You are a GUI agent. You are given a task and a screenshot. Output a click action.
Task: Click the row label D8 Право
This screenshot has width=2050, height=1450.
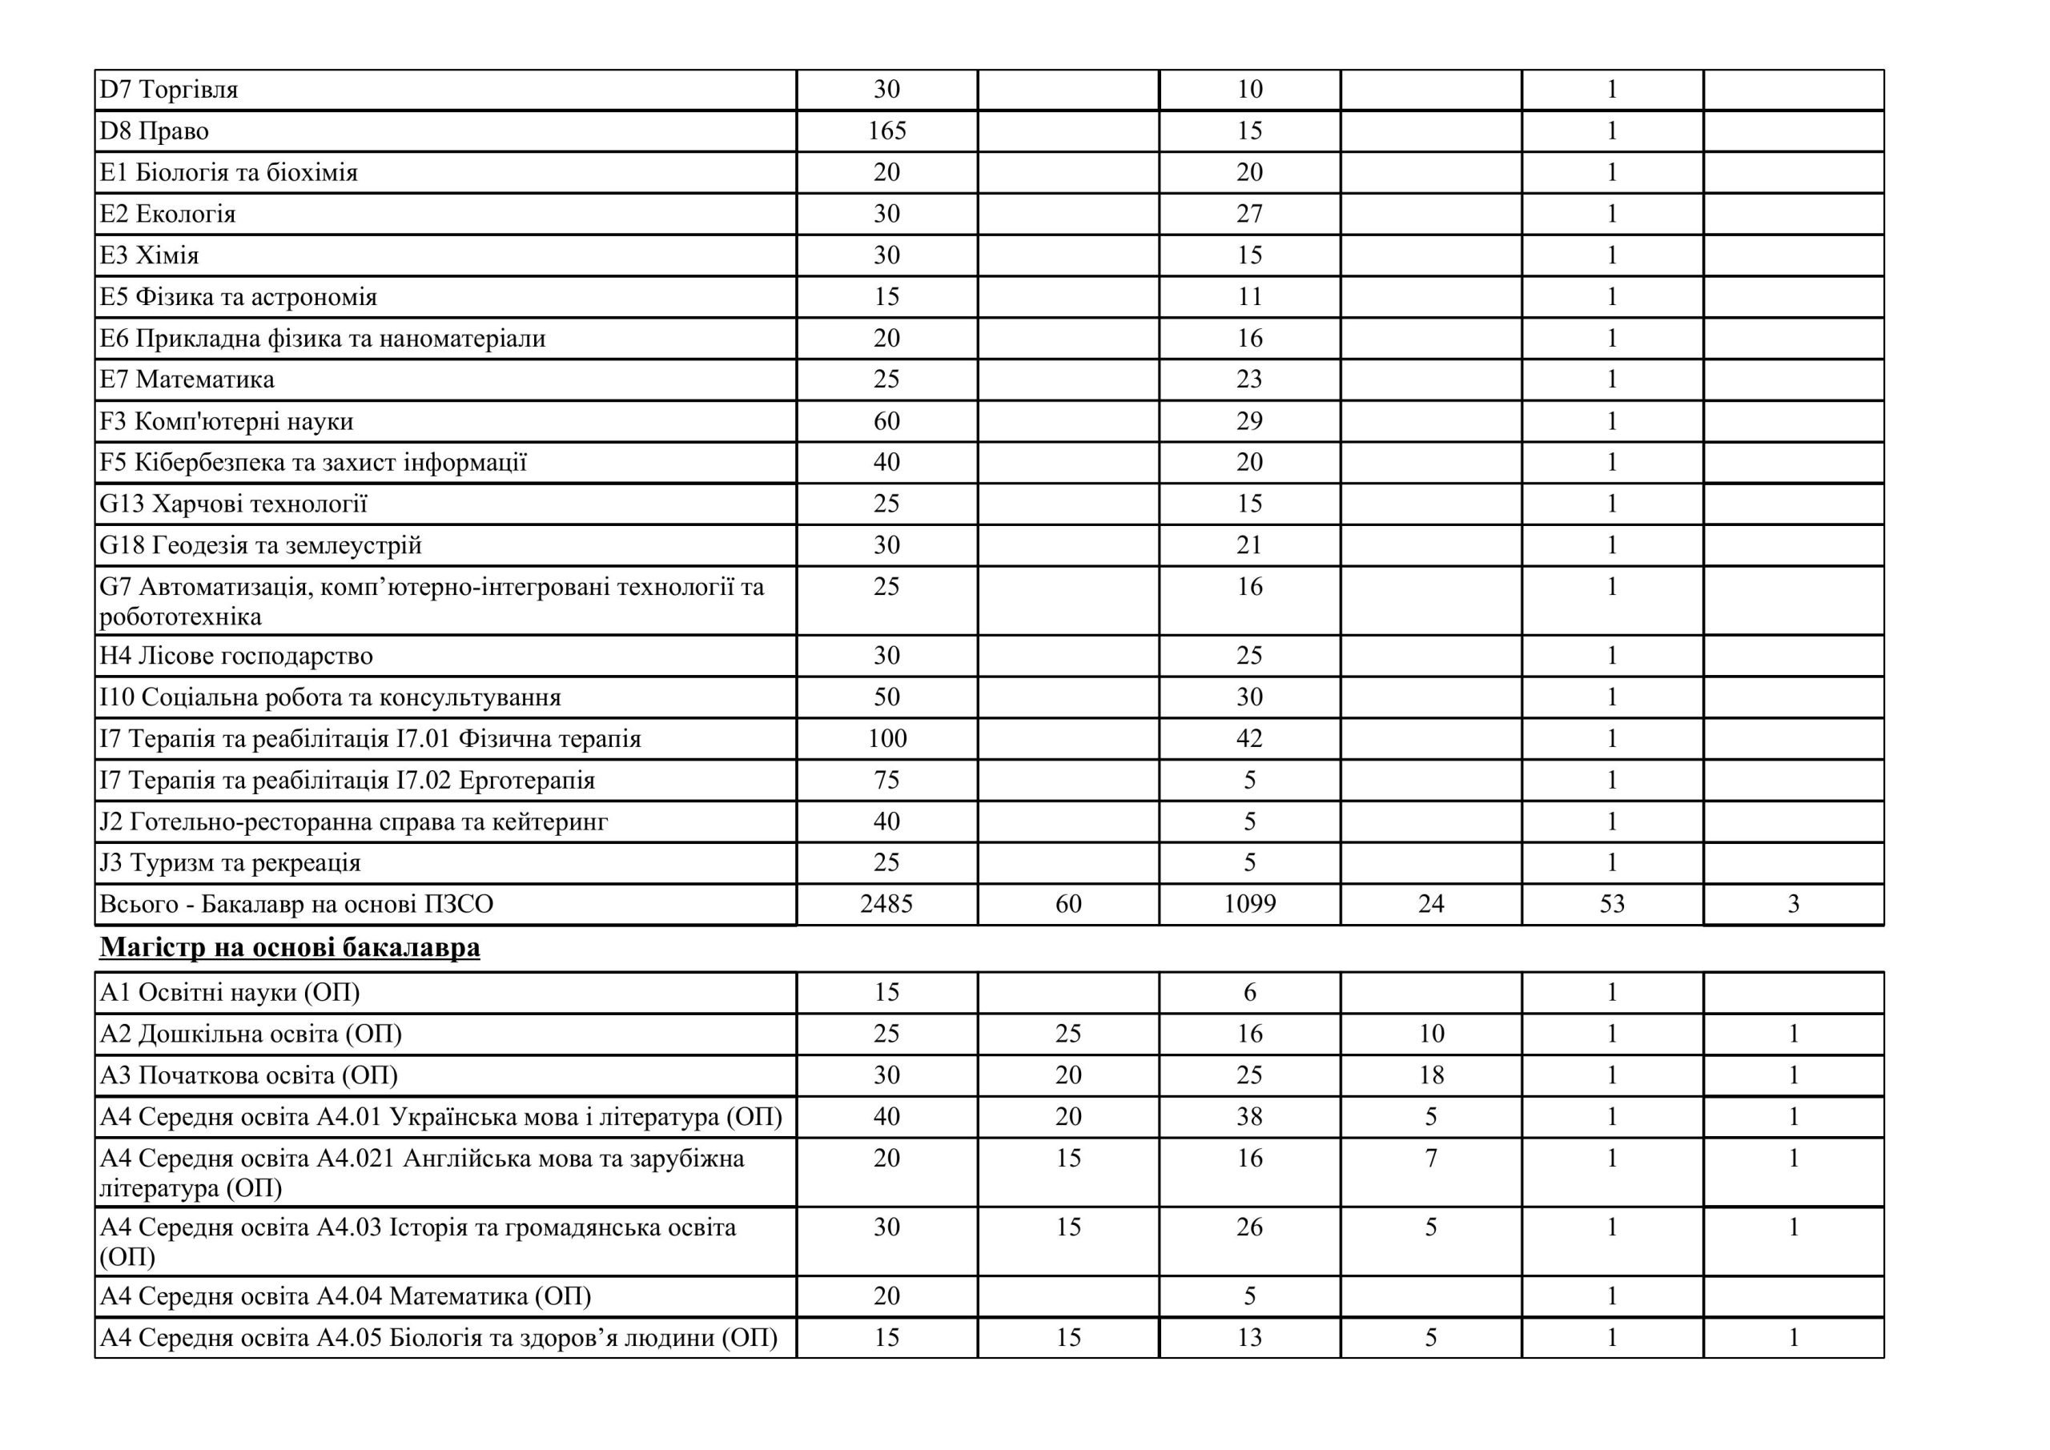pyautogui.click(x=154, y=131)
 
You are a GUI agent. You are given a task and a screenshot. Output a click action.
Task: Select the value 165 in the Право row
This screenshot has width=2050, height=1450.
pyautogui.click(x=886, y=131)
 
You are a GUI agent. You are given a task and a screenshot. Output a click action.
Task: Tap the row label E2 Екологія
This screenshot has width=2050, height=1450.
pyautogui.click(x=167, y=215)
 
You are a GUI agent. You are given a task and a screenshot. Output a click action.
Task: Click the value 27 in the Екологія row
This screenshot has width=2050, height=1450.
pyautogui.click(x=1249, y=215)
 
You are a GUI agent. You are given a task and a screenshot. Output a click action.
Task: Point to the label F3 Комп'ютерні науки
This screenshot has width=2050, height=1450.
pyautogui.click(x=226, y=421)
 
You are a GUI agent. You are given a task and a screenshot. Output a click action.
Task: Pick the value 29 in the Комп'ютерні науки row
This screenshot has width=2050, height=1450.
pyautogui.click(x=1249, y=421)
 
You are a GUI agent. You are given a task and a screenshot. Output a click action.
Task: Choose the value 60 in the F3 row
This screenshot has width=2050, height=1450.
pyautogui.click(x=886, y=421)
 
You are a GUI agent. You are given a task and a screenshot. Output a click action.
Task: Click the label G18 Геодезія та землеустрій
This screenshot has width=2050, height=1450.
pyautogui.click(x=259, y=545)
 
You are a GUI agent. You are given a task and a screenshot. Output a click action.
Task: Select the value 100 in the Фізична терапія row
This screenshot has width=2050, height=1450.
pyautogui.click(x=886, y=739)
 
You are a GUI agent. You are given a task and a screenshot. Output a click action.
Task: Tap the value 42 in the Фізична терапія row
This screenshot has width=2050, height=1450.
pyautogui.click(x=1249, y=739)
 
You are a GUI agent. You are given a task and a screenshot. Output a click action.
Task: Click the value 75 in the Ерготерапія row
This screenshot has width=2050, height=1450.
pyautogui.click(x=886, y=781)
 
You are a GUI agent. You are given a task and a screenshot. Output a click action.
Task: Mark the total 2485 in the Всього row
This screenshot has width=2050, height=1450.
pyautogui.click(x=886, y=905)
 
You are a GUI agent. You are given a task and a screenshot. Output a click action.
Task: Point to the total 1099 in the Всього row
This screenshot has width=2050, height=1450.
pyautogui.click(x=1249, y=905)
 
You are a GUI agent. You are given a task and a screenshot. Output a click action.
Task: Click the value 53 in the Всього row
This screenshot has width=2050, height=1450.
pyautogui.click(x=1612, y=905)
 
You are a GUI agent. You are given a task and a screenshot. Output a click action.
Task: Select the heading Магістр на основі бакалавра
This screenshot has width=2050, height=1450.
pyautogui.click(x=289, y=947)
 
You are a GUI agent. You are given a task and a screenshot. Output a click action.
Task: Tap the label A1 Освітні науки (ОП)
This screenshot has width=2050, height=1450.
pyautogui.click(x=230, y=993)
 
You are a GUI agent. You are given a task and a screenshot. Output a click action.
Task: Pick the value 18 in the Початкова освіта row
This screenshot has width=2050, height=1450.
pyautogui.click(x=1431, y=1075)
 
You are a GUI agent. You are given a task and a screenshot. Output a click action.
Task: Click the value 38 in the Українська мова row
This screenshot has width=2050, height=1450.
pyautogui.click(x=1249, y=1117)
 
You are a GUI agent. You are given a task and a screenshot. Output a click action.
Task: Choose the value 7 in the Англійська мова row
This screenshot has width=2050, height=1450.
pyautogui.click(x=1431, y=1159)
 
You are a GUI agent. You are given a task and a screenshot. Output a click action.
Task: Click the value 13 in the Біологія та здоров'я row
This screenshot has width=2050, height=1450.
pyautogui.click(x=1249, y=1337)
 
